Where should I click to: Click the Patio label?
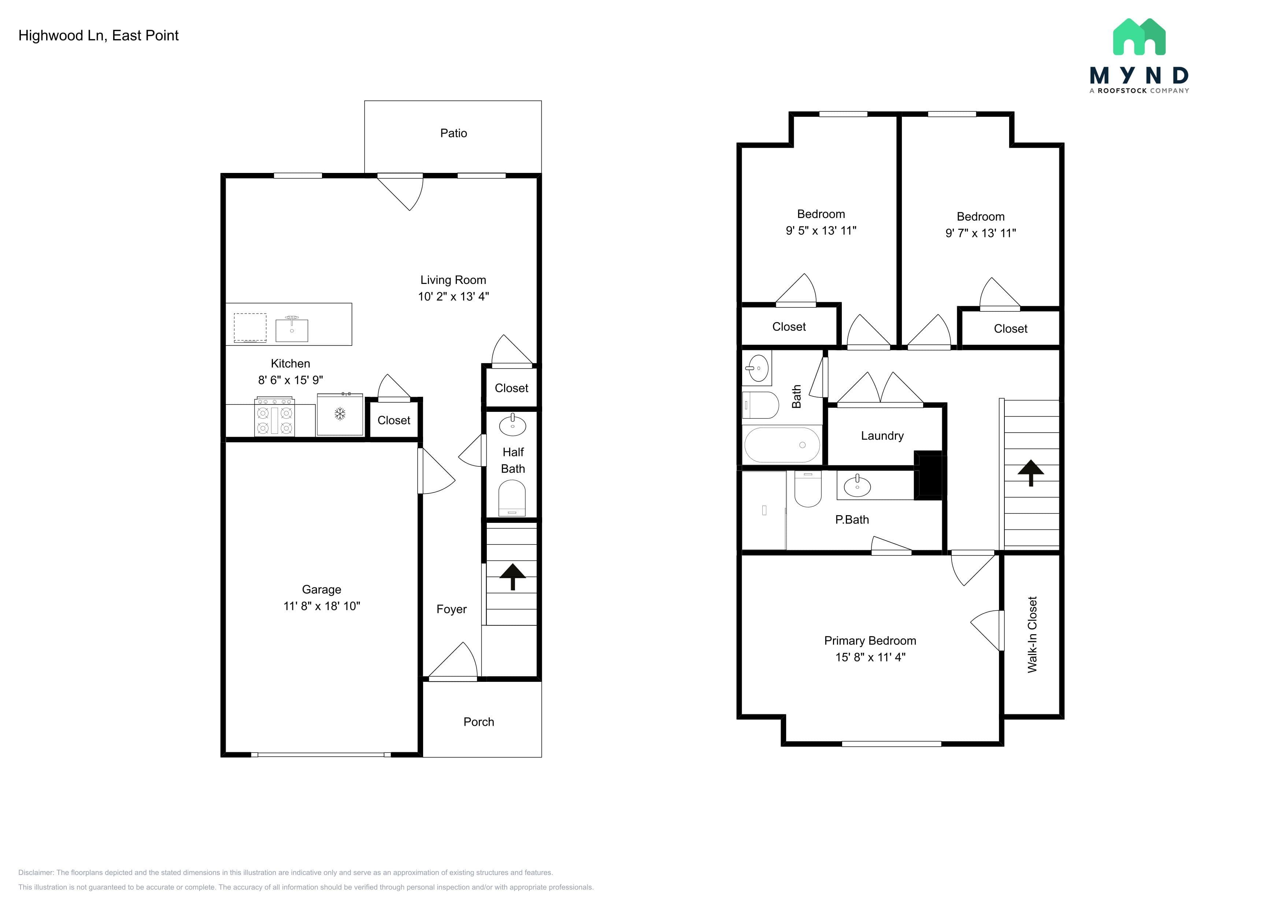(x=453, y=133)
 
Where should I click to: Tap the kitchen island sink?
(x=292, y=329)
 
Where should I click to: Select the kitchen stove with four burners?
(x=274, y=417)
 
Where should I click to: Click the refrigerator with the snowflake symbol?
(x=340, y=414)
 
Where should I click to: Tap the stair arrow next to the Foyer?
(x=513, y=577)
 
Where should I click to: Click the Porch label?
(x=478, y=722)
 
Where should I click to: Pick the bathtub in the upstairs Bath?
(x=782, y=445)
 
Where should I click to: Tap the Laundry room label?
(x=882, y=436)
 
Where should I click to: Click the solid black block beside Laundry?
(x=929, y=474)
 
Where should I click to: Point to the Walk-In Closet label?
(x=1033, y=635)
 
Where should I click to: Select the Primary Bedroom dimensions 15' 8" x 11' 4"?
(x=870, y=657)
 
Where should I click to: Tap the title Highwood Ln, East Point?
(x=99, y=36)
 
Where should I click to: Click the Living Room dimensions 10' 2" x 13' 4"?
(x=453, y=297)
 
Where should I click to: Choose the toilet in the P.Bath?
(x=808, y=489)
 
